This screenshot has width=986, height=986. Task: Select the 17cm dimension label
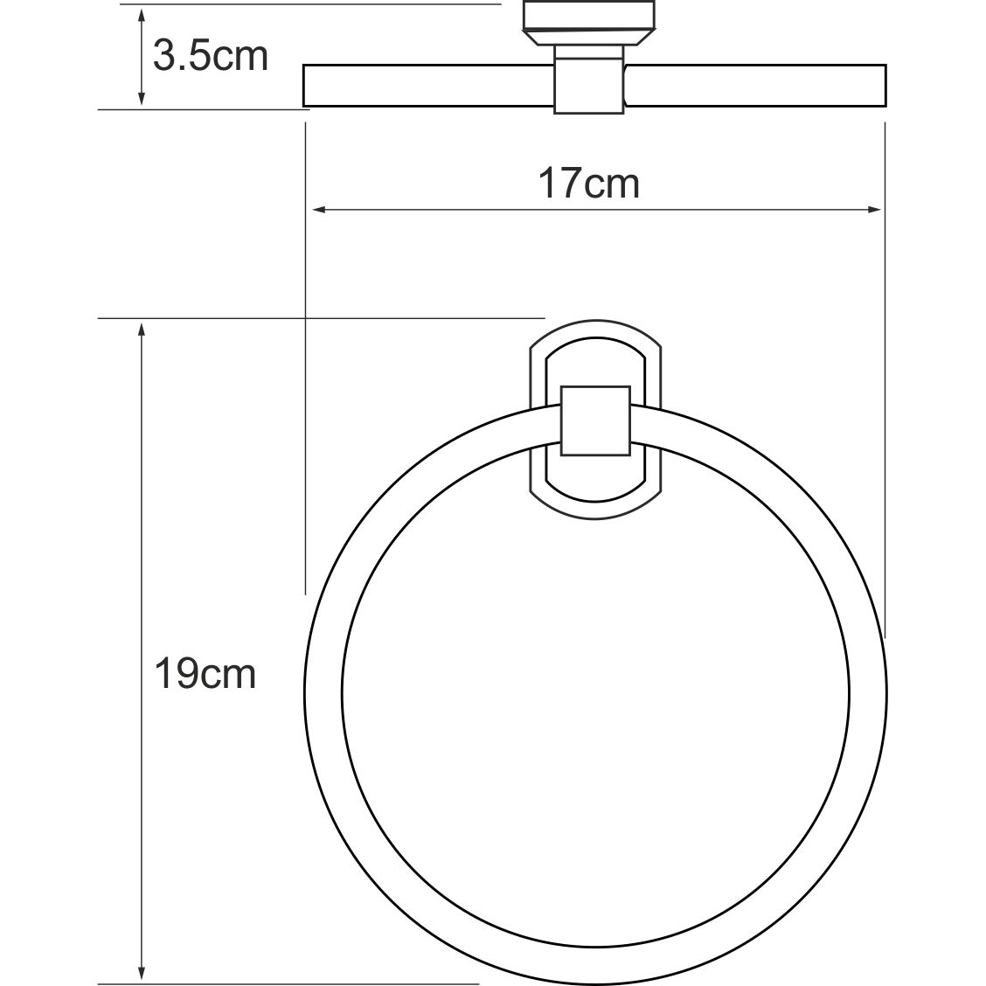tap(588, 184)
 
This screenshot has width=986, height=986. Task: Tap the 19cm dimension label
tap(205, 674)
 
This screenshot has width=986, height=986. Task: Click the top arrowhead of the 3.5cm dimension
tap(141, 13)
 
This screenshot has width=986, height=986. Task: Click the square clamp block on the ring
tap(595, 420)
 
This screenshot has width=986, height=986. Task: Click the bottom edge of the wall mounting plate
tap(595, 517)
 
